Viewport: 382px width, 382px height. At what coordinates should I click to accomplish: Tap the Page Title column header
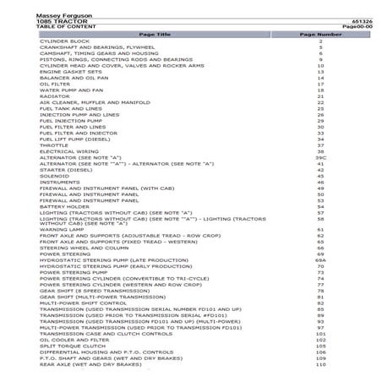point(154,34)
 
